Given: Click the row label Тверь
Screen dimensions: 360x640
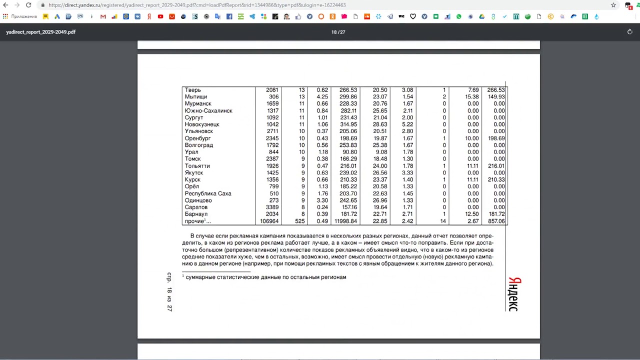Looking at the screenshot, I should [193, 90].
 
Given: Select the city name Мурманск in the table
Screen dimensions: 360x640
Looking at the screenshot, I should [198, 103].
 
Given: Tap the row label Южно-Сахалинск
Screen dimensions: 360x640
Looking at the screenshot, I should [208, 110].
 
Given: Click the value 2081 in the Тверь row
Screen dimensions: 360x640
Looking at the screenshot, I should [272, 90].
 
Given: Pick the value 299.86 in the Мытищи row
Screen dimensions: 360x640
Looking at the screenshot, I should [348, 97].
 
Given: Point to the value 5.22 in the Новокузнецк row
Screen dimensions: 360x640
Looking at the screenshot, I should [407, 124].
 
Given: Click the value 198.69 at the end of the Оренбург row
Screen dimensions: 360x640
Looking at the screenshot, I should [496, 138].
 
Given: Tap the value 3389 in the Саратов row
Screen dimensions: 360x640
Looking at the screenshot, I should [272, 207].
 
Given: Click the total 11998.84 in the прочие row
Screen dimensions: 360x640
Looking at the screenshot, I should [345, 221].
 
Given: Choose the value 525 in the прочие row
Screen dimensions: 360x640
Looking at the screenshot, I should [299, 221].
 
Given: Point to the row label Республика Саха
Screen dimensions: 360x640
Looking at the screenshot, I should [208, 193].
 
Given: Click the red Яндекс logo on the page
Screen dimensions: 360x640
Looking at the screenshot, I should [513, 294].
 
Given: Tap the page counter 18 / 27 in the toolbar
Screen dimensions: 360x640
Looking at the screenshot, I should [338, 32].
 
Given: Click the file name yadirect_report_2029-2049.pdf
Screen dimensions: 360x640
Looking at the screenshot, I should [41, 32].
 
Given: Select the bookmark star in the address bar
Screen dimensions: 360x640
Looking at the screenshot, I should [613, 5].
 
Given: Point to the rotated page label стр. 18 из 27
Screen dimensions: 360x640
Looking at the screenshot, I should [169, 292].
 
